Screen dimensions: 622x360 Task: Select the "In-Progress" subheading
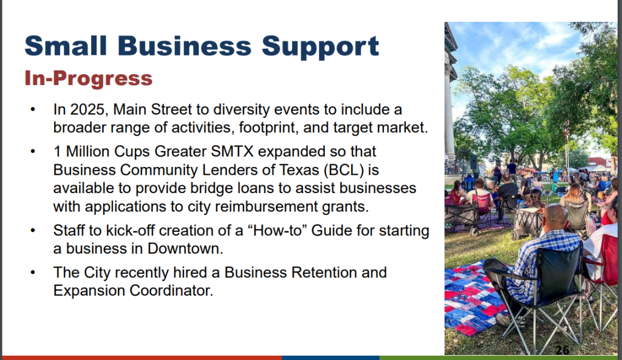point(89,78)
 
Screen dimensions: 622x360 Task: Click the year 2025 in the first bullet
point(87,109)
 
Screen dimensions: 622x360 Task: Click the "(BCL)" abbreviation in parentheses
point(344,170)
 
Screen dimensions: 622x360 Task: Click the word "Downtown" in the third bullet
point(185,248)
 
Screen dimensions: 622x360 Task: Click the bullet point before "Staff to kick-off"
point(33,230)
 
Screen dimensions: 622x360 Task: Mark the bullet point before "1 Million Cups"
point(33,151)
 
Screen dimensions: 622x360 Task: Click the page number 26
point(562,350)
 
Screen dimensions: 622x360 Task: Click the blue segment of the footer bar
point(330,358)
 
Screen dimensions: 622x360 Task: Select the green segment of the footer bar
point(501,358)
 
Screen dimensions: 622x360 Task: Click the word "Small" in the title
point(66,46)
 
